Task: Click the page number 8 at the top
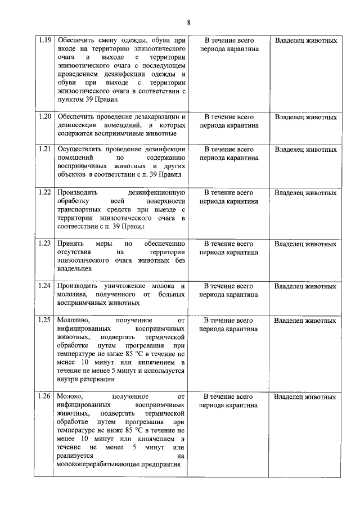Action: [189, 22]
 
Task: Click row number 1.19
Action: [44, 40]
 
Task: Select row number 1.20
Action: [44, 117]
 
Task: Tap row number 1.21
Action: [44, 150]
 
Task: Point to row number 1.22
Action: [44, 192]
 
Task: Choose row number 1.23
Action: [44, 244]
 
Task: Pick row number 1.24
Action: [44, 286]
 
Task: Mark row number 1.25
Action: [44, 320]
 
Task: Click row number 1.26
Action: [44, 397]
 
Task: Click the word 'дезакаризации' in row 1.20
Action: [155, 117]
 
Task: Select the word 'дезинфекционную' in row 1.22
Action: [157, 192]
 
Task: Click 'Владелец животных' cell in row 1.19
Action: [306, 40]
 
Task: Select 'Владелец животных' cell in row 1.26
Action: [306, 397]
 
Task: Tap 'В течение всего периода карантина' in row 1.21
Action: [228, 154]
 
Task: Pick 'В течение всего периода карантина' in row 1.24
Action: [228, 290]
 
